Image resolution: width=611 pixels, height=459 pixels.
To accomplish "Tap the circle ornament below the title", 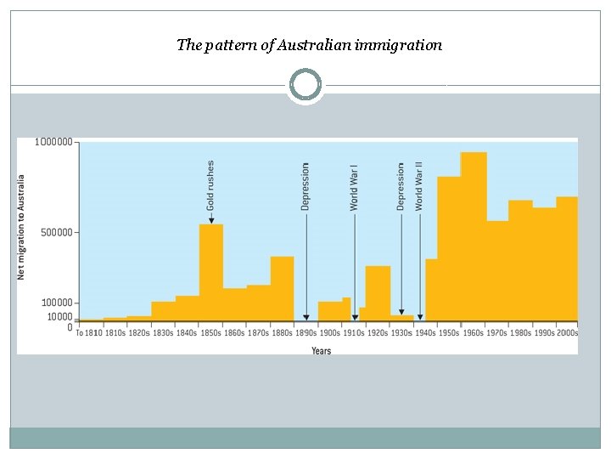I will pyautogui.click(x=305, y=85).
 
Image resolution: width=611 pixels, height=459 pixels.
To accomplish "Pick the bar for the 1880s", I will pyautogui.click(x=282, y=288).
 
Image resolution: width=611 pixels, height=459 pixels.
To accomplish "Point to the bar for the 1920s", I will pyautogui.click(x=378, y=292).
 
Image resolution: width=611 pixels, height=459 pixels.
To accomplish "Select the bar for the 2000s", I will pyautogui.click(x=567, y=258).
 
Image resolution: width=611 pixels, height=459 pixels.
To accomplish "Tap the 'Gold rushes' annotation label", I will pyautogui.click(x=210, y=184).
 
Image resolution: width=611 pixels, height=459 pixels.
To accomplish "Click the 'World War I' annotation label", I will pyautogui.click(x=355, y=187).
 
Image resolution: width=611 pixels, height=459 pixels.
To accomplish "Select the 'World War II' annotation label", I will pyautogui.click(x=419, y=185).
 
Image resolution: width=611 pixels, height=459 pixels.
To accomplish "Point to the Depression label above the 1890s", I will pyautogui.click(x=305, y=186).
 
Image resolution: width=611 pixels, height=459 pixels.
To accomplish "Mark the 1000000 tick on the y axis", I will pyautogui.click(x=53, y=142).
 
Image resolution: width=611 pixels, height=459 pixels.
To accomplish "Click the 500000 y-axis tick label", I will pyautogui.click(x=56, y=231).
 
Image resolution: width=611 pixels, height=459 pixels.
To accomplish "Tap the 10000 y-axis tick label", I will pyautogui.click(x=59, y=317).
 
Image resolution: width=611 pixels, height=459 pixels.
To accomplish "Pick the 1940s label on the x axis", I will pyautogui.click(x=424, y=333).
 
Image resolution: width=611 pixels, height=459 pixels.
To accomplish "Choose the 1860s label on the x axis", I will pyautogui.click(x=234, y=333).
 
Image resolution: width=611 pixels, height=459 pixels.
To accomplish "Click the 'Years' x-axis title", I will pyautogui.click(x=321, y=350).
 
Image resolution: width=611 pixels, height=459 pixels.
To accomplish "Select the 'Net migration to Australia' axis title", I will pyautogui.click(x=22, y=227).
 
